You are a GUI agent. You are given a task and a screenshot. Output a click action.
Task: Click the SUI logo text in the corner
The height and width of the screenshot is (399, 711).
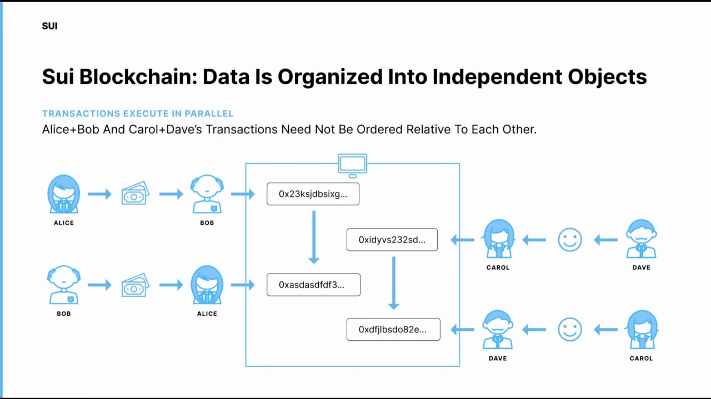tap(49, 26)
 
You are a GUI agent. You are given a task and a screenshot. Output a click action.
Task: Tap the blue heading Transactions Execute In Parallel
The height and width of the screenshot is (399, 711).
tap(138, 114)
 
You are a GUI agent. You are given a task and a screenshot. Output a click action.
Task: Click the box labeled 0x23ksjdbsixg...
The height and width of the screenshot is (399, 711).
tap(313, 194)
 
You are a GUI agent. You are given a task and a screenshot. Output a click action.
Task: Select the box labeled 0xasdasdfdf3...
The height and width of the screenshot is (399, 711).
tap(313, 285)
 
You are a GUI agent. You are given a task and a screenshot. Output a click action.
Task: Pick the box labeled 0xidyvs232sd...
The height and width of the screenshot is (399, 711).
tap(392, 240)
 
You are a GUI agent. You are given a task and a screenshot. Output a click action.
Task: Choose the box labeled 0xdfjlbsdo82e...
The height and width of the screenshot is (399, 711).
tap(393, 330)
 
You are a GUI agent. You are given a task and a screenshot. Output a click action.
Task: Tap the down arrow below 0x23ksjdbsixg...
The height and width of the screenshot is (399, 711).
tap(313, 237)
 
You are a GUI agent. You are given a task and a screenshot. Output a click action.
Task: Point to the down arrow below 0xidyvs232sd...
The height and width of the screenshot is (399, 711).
tap(393, 282)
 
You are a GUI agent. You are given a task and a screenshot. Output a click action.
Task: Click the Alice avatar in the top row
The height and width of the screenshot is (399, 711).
tap(63, 195)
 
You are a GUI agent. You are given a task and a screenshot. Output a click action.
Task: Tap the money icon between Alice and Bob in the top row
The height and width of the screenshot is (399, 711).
tap(136, 194)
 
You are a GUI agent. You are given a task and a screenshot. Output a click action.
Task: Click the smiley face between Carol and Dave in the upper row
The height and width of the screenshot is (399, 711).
tap(569, 240)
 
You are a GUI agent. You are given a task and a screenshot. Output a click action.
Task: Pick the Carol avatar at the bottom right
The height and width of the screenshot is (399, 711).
tap(642, 330)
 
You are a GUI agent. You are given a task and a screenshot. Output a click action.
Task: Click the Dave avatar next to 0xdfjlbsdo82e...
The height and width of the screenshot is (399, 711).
tap(498, 330)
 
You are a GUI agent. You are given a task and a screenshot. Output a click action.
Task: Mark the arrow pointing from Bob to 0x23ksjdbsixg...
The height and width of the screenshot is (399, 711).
tap(243, 194)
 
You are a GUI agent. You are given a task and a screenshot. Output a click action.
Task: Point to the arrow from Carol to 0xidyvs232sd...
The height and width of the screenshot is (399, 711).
tap(462, 240)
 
